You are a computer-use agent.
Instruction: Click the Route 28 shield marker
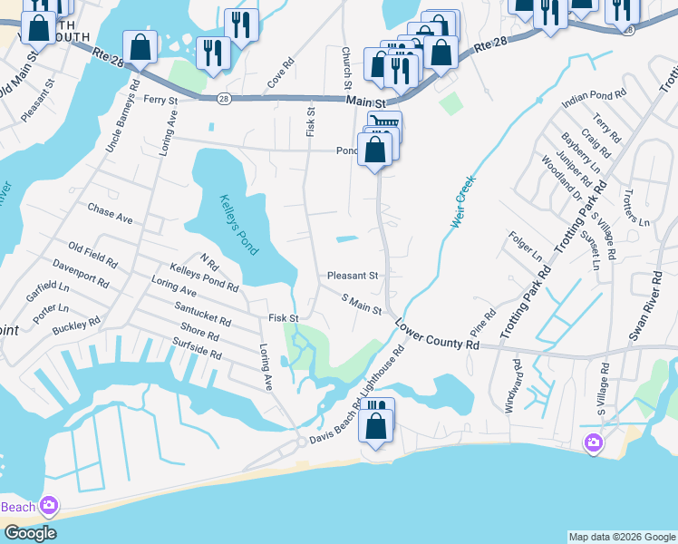click(x=223, y=97)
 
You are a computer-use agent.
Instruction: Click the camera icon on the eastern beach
click(x=594, y=442)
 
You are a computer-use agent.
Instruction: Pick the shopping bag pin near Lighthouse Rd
click(x=376, y=424)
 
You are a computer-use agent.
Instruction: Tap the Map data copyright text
click(x=621, y=537)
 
